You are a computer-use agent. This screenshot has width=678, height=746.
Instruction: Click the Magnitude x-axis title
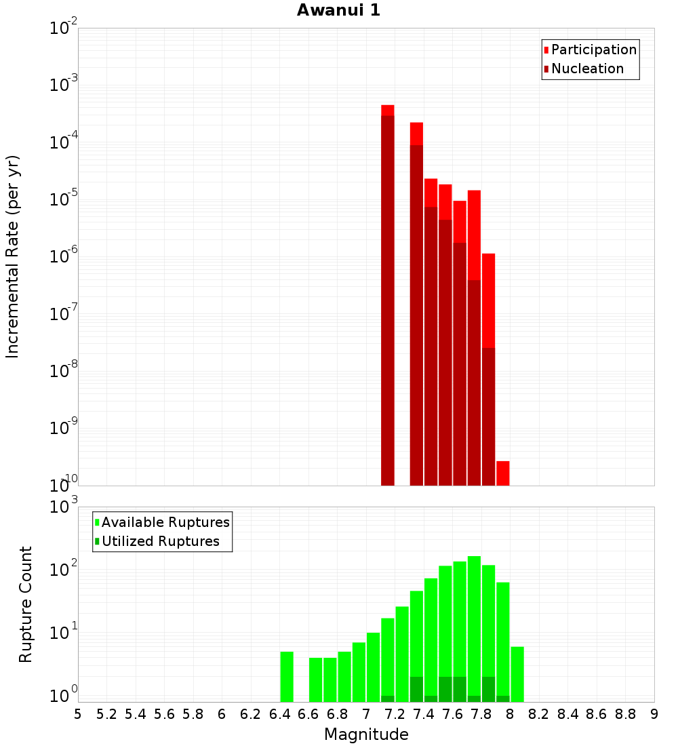pyautogui.click(x=366, y=734)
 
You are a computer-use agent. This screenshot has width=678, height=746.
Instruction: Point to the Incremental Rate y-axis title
pyautogui.click(x=13, y=256)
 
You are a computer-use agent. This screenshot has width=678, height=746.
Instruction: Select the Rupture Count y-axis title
pyautogui.click(x=26, y=604)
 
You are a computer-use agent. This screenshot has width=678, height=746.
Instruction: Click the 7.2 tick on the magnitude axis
pyautogui.click(x=395, y=714)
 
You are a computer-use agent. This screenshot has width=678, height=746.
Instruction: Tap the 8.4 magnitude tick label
pyautogui.click(x=567, y=714)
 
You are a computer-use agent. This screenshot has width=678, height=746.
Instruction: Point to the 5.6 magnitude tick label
pyautogui.click(x=164, y=714)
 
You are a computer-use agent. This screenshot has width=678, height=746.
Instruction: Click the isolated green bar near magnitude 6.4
pyautogui.click(x=287, y=677)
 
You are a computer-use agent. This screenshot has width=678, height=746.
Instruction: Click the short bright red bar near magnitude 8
pyautogui.click(x=502, y=473)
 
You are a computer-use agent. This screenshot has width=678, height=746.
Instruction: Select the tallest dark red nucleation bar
pyautogui.click(x=388, y=298)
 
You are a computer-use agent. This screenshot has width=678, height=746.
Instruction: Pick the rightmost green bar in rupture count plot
pyautogui.click(x=517, y=674)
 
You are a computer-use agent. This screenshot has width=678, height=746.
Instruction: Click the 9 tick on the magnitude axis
pyautogui.click(x=654, y=714)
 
